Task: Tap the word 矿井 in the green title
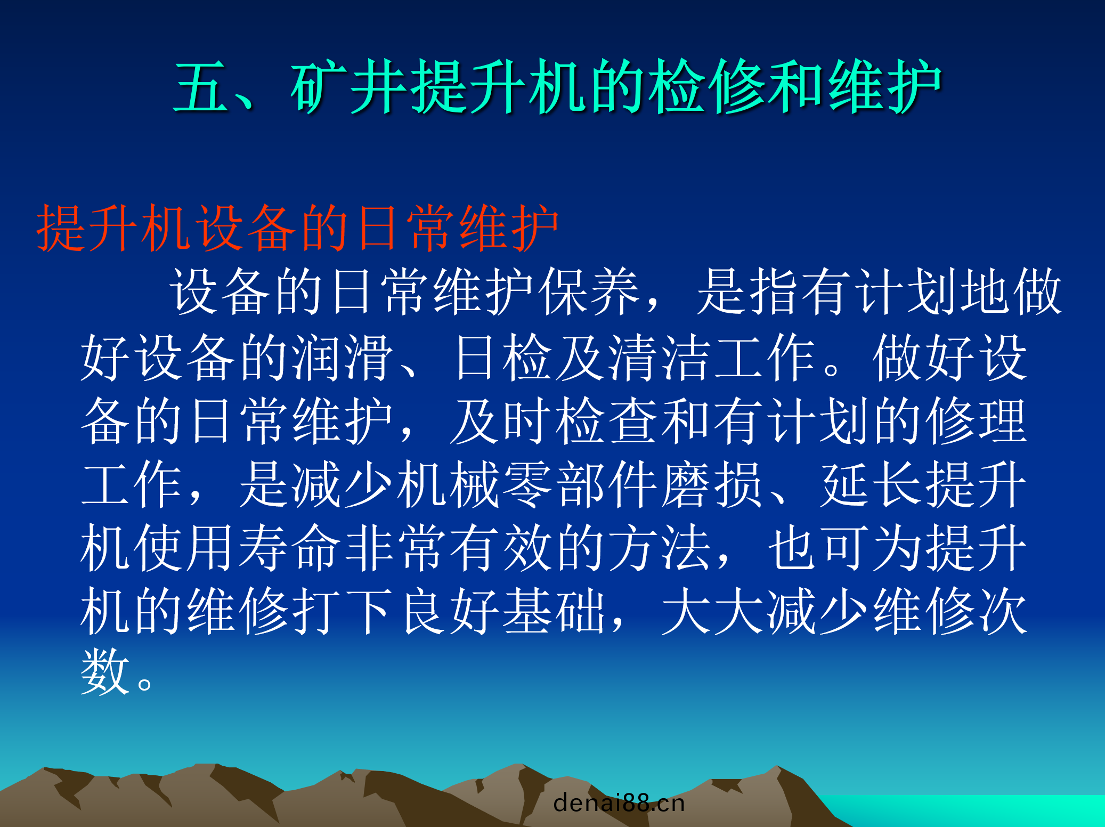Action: click(x=348, y=86)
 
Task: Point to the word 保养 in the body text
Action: click(x=590, y=291)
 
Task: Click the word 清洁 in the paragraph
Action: click(x=659, y=357)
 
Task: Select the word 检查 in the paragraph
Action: click(x=606, y=420)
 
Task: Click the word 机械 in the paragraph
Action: click(x=448, y=484)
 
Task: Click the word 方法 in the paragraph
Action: click(x=659, y=547)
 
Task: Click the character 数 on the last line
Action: click(x=105, y=672)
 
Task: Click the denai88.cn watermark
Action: click(x=619, y=803)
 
